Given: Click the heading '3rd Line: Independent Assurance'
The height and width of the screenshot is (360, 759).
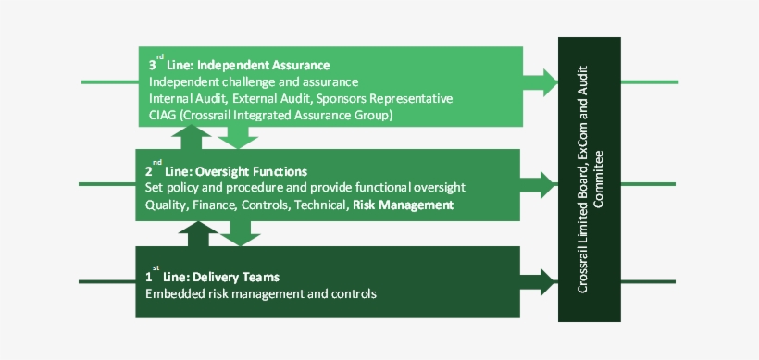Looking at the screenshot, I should click(x=239, y=65).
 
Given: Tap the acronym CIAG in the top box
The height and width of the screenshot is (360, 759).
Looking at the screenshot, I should click(x=164, y=115).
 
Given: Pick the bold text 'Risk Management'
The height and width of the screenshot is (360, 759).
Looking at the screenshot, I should click(x=403, y=205).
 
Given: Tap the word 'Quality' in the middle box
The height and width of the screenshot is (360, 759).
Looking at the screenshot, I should click(x=166, y=205).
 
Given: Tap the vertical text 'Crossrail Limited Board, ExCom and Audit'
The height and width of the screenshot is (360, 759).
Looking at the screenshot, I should click(x=583, y=179).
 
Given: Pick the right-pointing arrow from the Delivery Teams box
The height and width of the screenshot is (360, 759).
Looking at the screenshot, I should click(x=541, y=280).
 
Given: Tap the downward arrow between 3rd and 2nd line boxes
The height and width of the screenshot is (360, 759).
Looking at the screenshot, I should click(x=242, y=137).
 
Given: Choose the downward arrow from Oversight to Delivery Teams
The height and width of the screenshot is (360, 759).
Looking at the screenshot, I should click(x=243, y=233).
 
